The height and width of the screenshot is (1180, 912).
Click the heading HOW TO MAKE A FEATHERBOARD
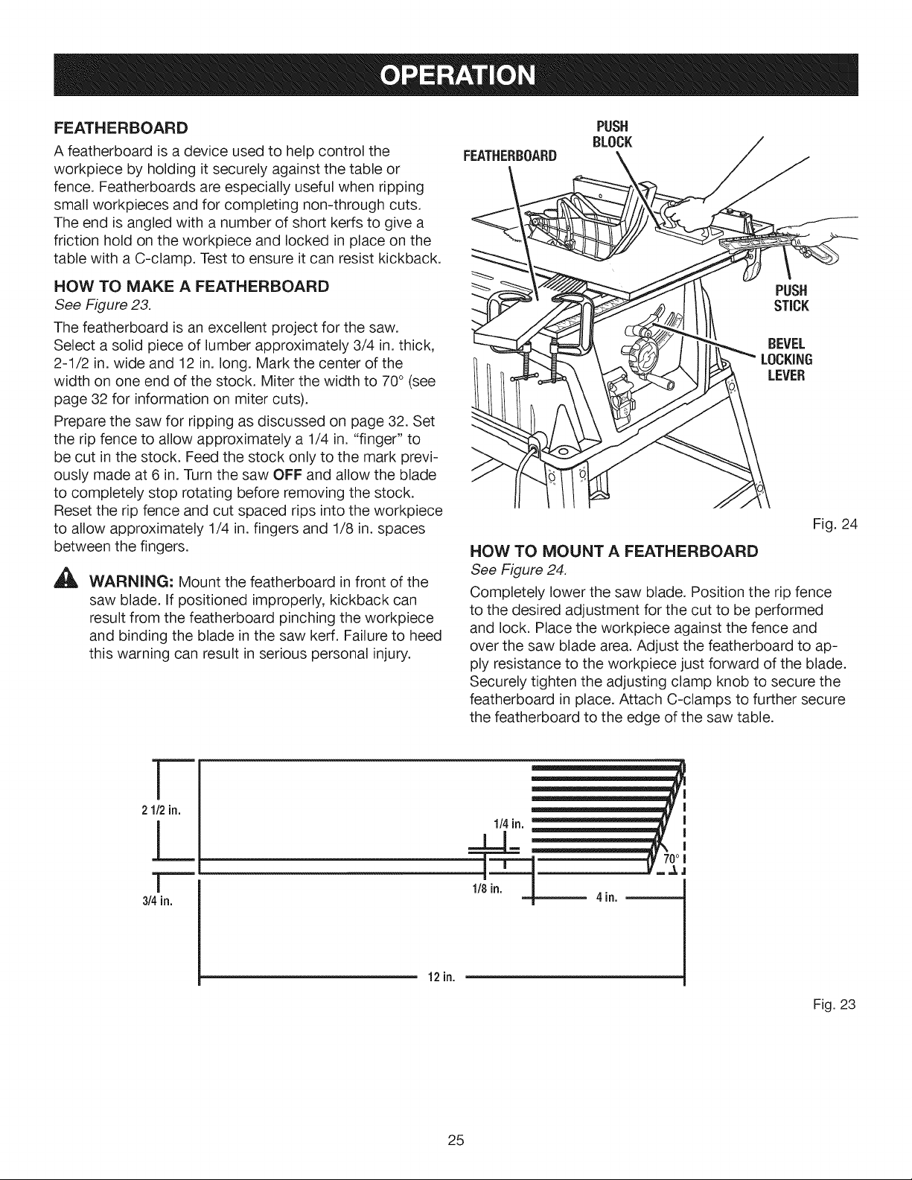[x=191, y=286]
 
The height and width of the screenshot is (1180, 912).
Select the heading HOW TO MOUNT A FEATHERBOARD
[x=614, y=552]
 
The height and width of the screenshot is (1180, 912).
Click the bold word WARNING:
[x=131, y=582]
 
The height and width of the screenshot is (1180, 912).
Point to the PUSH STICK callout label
[x=791, y=298]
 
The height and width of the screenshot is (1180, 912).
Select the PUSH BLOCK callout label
[x=612, y=134]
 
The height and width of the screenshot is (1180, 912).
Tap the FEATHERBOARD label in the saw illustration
[x=510, y=156]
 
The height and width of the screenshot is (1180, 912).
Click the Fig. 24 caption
[x=835, y=525]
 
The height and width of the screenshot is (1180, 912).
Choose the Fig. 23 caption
[x=834, y=1004]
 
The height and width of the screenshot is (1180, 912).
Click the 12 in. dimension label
[x=441, y=978]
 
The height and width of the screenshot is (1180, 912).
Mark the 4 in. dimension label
[x=607, y=898]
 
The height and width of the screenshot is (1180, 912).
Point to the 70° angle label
[x=672, y=858]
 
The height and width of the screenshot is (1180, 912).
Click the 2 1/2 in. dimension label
[x=161, y=811]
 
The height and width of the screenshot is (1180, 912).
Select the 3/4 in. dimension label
[x=157, y=902]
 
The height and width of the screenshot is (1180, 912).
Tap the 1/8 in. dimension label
[x=487, y=889]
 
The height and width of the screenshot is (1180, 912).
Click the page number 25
[x=456, y=1140]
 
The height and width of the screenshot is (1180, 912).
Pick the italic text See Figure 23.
[x=103, y=305]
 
